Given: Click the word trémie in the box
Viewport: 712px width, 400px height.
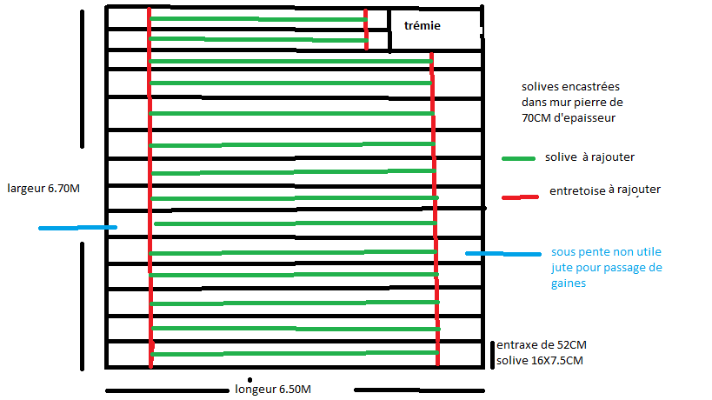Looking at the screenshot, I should (423, 26).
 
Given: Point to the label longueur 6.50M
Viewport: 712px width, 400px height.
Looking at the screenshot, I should (273, 389).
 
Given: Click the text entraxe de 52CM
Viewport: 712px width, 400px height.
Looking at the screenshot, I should (538, 344).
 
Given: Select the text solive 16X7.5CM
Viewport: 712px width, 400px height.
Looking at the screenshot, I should (540, 360).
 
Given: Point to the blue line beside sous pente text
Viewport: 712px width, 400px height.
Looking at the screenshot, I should (502, 254).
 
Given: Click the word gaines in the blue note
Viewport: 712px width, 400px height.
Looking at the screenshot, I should (570, 283).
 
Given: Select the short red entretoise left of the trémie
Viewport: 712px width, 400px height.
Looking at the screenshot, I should (366, 30).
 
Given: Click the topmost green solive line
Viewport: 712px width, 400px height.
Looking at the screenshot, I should (257, 18).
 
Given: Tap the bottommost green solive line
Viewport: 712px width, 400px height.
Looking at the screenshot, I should (294, 354).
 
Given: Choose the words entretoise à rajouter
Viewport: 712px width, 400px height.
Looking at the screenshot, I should (605, 190).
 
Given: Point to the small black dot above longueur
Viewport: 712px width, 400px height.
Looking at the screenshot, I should (250, 379).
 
